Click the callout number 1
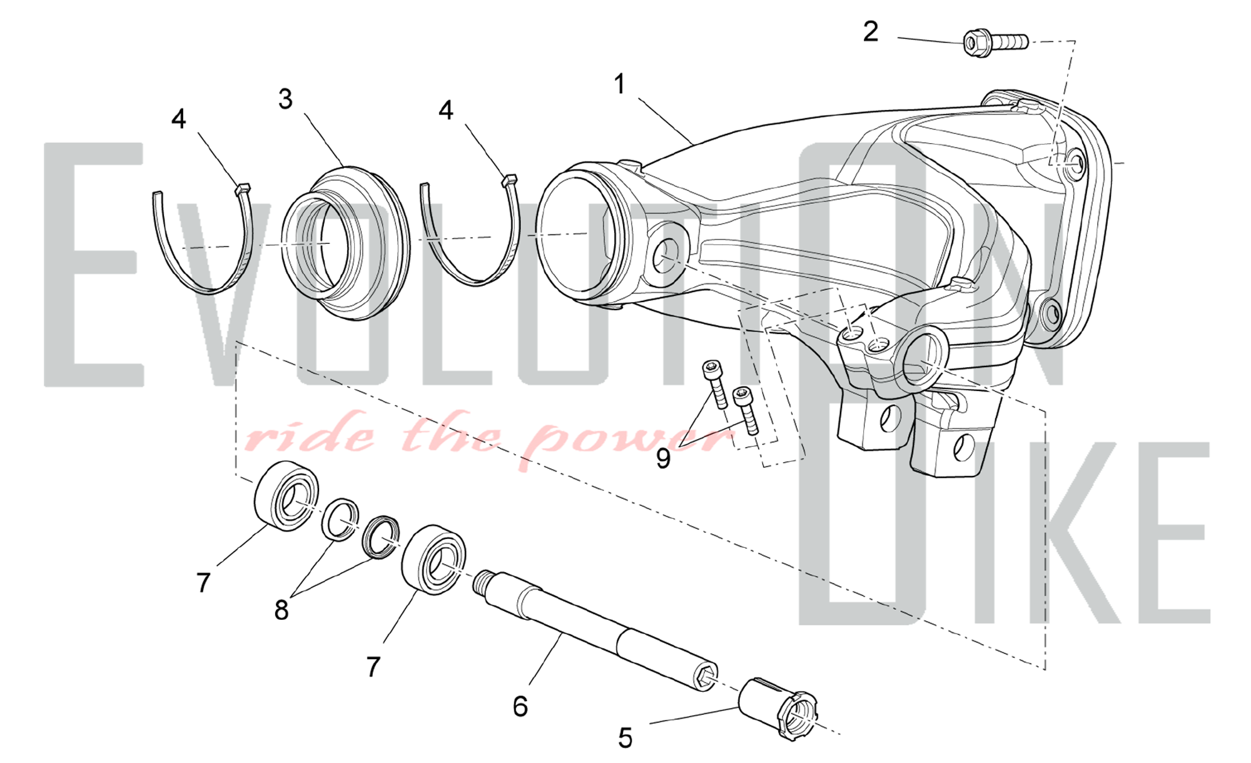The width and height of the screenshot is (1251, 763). pyautogui.click(x=619, y=84)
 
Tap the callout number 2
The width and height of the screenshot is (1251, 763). pyautogui.click(x=870, y=31)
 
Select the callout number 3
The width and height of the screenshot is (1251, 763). pyautogui.click(x=285, y=99)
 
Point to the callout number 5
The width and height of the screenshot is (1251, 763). pyautogui.click(x=625, y=739)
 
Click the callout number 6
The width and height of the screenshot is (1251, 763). pyautogui.click(x=520, y=706)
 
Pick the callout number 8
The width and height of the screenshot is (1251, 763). pyautogui.click(x=281, y=610)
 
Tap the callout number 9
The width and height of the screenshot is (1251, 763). pyautogui.click(x=663, y=458)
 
